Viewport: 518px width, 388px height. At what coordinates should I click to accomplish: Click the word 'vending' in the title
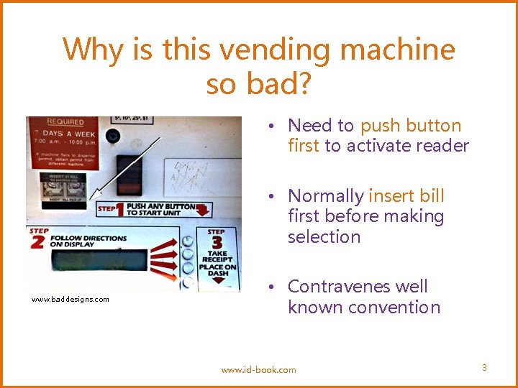point(277,50)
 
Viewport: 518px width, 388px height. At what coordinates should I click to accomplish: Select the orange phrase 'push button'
point(411,126)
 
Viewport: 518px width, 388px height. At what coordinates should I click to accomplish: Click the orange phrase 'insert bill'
point(406,196)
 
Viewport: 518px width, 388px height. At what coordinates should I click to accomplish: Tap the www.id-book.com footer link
point(258,370)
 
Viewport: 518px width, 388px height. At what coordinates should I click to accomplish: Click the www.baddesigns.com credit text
point(71,300)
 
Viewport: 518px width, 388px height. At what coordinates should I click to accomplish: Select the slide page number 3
point(484,368)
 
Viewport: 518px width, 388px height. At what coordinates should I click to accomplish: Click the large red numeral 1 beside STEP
point(120,209)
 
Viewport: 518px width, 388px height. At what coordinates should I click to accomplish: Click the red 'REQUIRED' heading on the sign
point(65,122)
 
